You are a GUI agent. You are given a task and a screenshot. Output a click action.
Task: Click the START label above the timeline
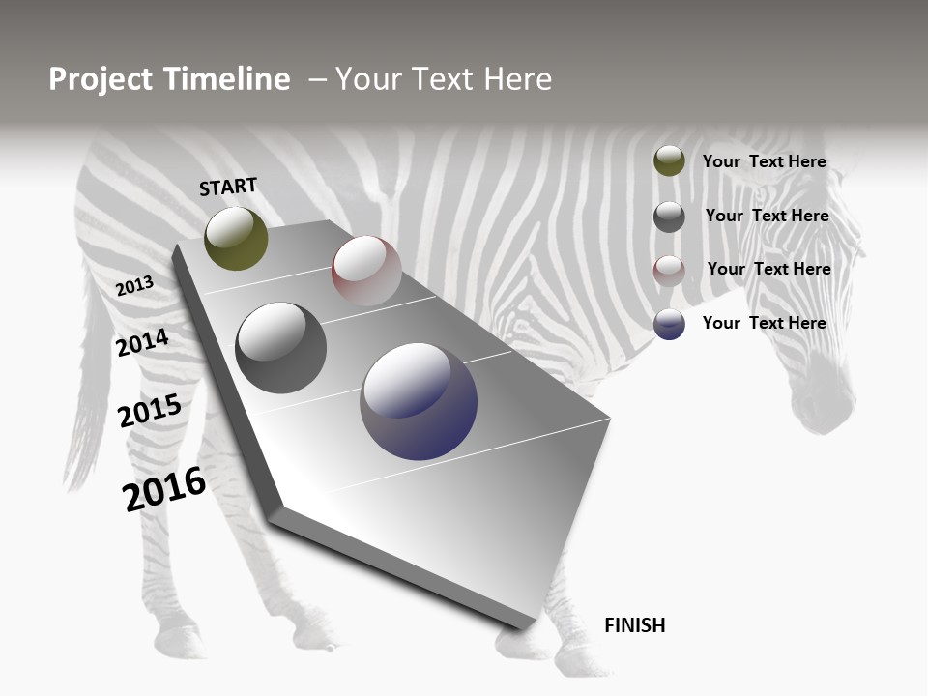[x=228, y=187]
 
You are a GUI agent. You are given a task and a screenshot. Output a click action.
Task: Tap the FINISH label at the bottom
[x=634, y=625]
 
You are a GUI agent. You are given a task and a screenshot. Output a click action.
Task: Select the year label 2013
[x=134, y=286]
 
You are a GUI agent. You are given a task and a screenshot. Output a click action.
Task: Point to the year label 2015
[x=149, y=411]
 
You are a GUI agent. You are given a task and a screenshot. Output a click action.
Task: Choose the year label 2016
[x=164, y=489]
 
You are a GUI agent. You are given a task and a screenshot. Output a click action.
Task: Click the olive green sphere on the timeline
[x=236, y=239]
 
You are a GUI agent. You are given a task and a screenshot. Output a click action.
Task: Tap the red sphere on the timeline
[x=366, y=271]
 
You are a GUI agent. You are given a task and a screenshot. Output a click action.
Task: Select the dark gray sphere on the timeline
[x=281, y=348]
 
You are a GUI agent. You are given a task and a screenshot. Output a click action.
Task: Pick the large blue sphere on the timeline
[x=419, y=401]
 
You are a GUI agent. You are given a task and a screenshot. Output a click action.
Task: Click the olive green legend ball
[x=669, y=161]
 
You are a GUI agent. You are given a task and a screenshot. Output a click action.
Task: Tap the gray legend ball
[x=669, y=217]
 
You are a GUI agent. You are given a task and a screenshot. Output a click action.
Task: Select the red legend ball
[x=669, y=271]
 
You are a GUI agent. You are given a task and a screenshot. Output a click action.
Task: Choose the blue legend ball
[x=669, y=324]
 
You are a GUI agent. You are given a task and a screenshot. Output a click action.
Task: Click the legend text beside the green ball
[x=764, y=161]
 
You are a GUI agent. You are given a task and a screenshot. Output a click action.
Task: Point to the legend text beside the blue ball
[x=764, y=323]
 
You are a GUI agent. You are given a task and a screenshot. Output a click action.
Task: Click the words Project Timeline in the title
[x=169, y=79]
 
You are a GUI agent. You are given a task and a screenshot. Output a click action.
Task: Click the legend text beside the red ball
[x=768, y=269]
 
